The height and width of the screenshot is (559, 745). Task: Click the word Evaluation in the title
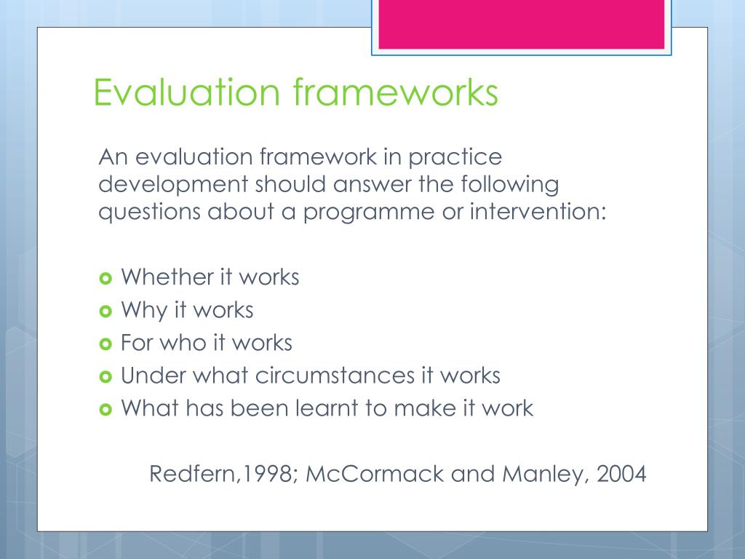coord(186,93)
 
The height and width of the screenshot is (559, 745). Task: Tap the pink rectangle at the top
coord(521,25)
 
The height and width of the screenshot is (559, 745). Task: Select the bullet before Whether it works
coord(104,278)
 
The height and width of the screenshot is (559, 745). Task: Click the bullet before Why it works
coord(104,311)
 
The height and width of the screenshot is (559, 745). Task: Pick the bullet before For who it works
coord(104,344)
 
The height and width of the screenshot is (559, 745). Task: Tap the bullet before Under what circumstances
coord(104,376)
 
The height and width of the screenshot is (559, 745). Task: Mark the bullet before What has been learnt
coord(104,409)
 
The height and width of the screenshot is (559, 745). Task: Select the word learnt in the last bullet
coord(326,408)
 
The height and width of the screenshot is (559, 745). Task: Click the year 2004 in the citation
coord(620,475)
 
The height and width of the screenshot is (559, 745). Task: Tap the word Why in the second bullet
coord(143,311)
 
